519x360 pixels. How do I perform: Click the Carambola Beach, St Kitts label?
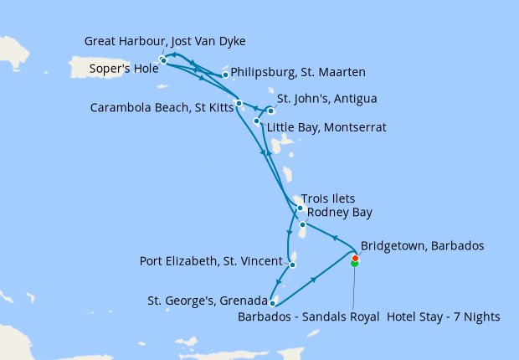[x=162, y=106]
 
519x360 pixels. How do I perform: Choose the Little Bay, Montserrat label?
[x=326, y=127]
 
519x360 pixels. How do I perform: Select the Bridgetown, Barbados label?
[x=422, y=247]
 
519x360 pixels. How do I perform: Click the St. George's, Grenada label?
[x=208, y=301]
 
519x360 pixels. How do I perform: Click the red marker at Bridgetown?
[x=355, y=258]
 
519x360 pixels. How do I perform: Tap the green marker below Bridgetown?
[x=355, y=264]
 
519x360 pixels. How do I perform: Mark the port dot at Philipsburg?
[x=225, y=75]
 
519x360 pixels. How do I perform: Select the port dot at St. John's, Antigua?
[x=270, y=111]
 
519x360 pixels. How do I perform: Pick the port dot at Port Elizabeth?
[x=292, y=265]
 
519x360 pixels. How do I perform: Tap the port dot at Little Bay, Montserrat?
[x=256, y=121]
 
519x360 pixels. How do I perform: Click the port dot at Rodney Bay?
[x=301, y=224]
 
